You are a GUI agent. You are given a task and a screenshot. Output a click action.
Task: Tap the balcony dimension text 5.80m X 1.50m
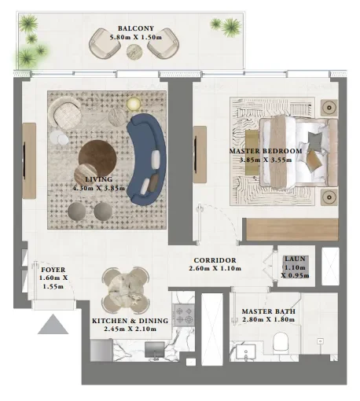[131, 35]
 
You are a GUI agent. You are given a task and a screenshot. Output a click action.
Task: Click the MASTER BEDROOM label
[266, 150]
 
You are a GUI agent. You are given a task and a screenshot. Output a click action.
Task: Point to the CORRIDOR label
[213, 260]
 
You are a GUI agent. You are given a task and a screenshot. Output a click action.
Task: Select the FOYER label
[54, 270]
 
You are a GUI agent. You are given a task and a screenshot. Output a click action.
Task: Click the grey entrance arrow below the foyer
[54, 323]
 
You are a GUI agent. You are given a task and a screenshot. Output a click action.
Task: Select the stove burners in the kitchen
[183, 314]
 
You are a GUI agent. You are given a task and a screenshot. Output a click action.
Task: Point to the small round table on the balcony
[134, 52]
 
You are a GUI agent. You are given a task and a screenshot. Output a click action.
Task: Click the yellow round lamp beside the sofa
[132, 102]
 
